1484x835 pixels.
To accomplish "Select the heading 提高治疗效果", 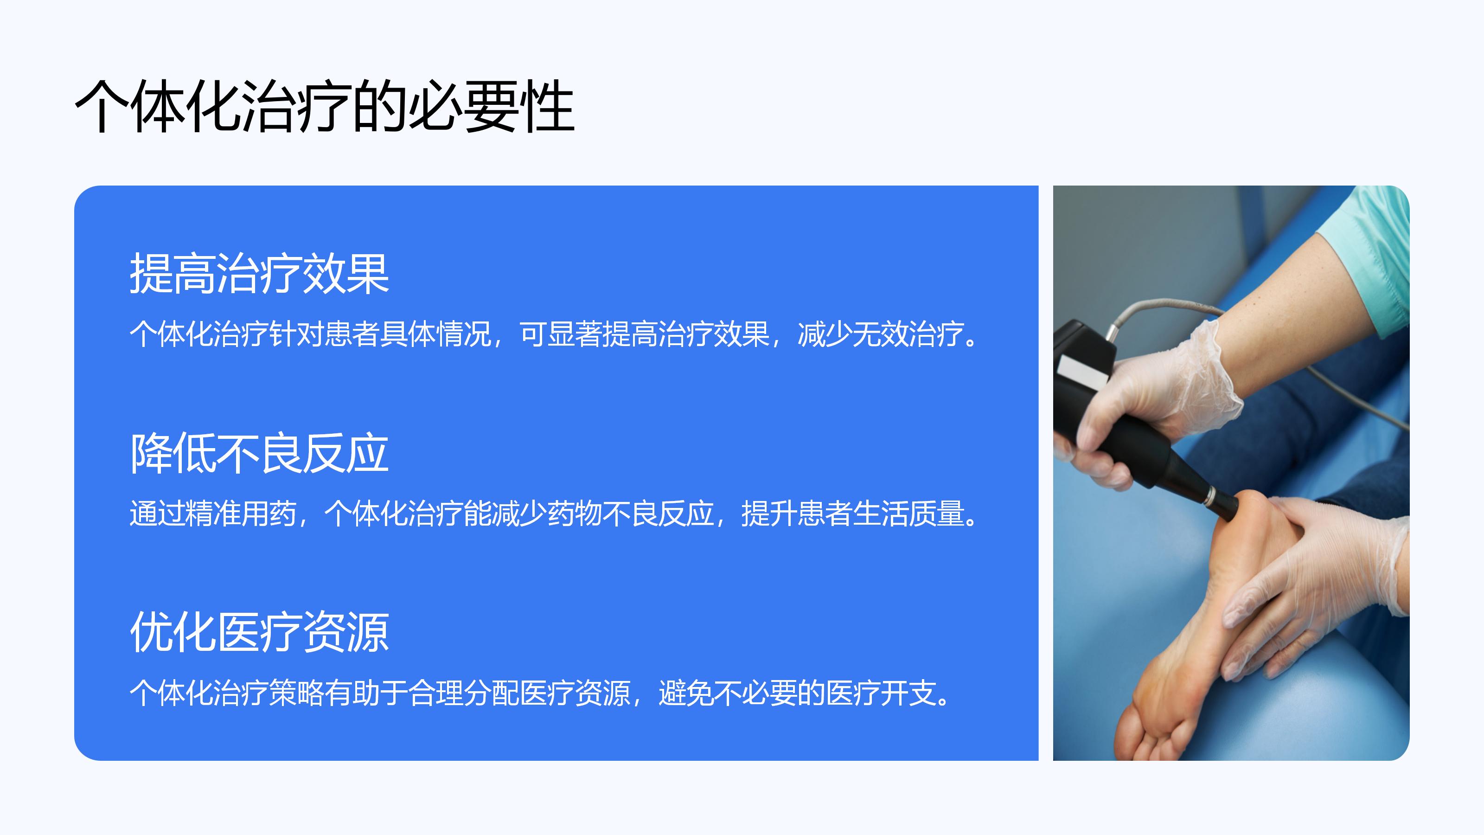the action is click(259, 274).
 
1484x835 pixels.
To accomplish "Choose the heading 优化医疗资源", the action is click(259, 632).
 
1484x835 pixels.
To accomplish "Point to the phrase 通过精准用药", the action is click(212, 514).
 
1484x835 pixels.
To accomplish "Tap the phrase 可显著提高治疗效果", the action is click(644, 334).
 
